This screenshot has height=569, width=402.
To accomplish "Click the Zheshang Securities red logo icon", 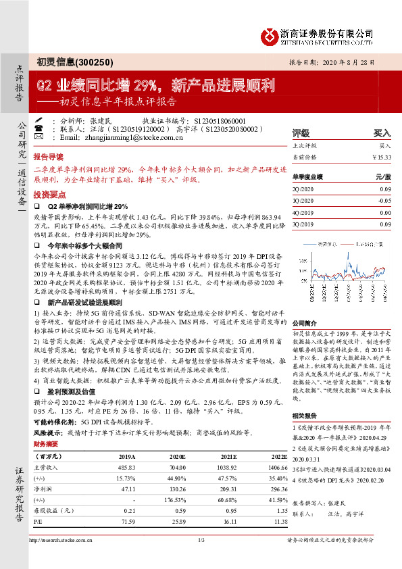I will pyautogui.click(x=270, y=34).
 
